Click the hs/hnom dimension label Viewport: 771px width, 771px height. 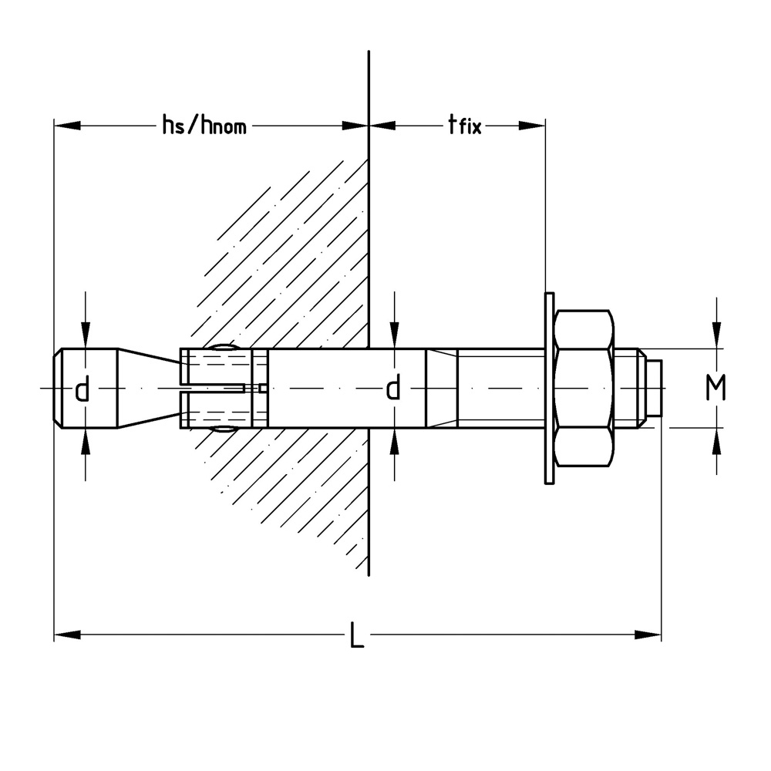[204, 125]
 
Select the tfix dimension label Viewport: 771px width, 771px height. [464, 125]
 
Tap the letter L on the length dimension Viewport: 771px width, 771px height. [356, 636]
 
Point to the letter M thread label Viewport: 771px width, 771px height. [716, 389]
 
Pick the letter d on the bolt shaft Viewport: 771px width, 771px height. [393, 389]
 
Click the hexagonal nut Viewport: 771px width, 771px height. [584, 389]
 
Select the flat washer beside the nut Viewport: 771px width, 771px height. [549, 389]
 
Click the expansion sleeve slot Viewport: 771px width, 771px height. [216, 389]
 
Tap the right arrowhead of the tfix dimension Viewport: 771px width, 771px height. [532, 126]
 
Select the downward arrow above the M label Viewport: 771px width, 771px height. [718, 336]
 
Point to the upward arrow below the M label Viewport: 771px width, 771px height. [718, 441]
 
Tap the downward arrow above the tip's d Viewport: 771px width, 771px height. [86, 336]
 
